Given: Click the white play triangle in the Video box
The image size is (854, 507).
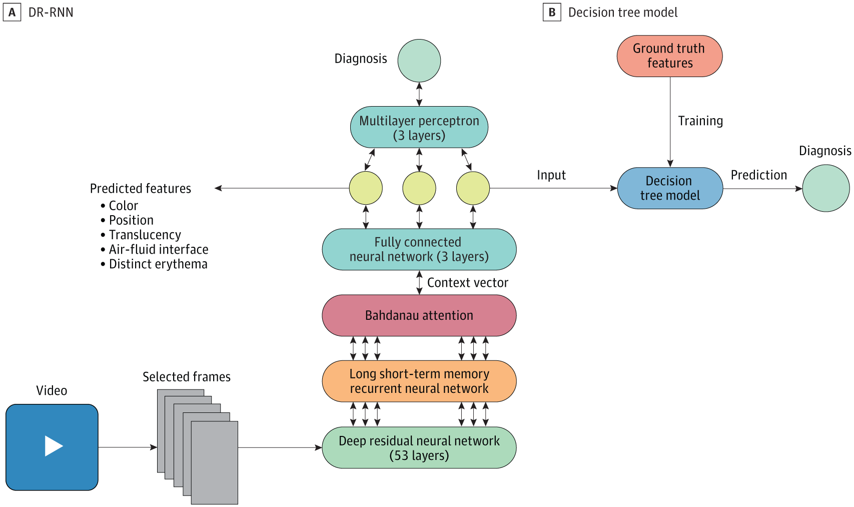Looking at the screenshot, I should [x=53, y=446].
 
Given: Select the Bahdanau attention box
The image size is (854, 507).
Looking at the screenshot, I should [x=419, y=315].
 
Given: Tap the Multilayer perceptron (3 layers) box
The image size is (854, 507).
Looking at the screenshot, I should [x=419, y=128].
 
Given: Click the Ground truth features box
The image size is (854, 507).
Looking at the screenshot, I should [x=669, y=56].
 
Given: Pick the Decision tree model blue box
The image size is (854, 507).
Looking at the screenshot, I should [x=670, y=188].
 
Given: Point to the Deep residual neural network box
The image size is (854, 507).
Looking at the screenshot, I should [x=419, y=448].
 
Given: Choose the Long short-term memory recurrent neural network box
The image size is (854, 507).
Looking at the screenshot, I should [x=419, y=381].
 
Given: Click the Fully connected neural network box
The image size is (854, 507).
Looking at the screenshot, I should [x=419, y=249].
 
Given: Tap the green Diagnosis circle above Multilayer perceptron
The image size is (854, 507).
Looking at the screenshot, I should [x=419, y=61].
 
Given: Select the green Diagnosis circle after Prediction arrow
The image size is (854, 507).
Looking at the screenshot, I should [x=826, y=188].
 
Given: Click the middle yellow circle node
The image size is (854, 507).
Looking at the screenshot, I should [x=419, y=188].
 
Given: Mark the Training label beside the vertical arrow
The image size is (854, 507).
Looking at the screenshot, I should [x=700, y=121].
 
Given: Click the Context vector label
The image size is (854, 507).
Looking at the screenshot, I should [x=467, y=283].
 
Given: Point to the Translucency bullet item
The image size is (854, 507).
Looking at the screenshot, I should [x=145, y=235].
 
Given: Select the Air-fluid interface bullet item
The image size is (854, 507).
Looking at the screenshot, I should [x=158, y=249].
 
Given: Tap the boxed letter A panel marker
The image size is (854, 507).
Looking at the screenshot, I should [x=12, y=12].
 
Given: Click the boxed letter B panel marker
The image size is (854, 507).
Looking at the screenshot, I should [x=552, y=12].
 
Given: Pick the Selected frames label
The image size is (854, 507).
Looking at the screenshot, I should [x=187, y=377].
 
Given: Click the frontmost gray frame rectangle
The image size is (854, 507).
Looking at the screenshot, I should [x=214, y=463].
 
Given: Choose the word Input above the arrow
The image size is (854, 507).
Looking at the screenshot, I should [x=551, y=175].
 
